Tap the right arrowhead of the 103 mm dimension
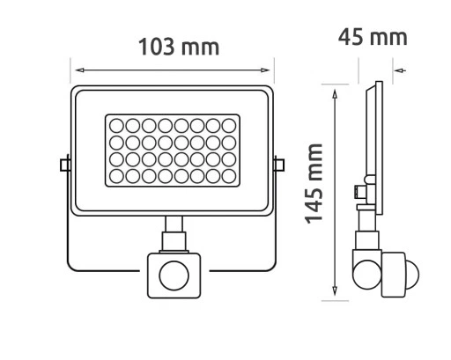click(270, 70)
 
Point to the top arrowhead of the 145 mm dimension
click(334, 90)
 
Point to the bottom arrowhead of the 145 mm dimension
click(334, 297)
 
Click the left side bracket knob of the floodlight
click(63, 165)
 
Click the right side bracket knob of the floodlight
click(279, 165)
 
